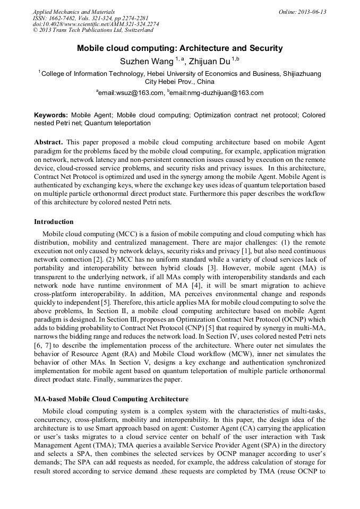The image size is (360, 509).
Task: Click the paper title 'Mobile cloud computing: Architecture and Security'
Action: (x=180, y=48)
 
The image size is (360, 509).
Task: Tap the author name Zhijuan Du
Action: (x=210, y=62)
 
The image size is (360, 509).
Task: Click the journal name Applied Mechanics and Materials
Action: (x=74, y=12)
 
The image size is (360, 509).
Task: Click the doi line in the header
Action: (x=96, y=24)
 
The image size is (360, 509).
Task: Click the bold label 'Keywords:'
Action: (x=51, y=115)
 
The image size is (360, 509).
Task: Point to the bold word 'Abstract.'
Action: (x=49, y=143)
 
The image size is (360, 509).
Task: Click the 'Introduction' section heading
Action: (x=54, y=222)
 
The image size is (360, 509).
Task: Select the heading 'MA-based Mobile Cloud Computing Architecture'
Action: (x=111, y=399)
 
